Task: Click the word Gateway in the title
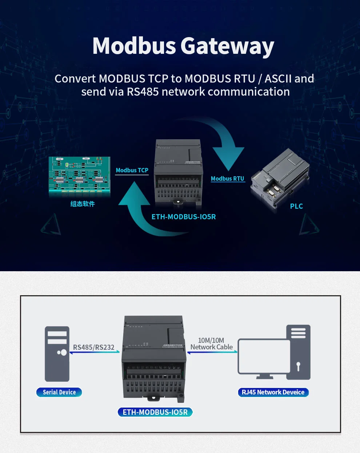tap(227, 46)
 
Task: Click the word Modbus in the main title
tap(134, 46)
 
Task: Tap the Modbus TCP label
tap(132, 170)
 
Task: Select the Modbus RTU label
tap(227, 179)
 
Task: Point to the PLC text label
tap(296, 206)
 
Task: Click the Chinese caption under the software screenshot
tap(83, 204)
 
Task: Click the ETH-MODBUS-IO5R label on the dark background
tap(184, 217)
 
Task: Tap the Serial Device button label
tap(59, 392)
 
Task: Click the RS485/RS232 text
tap(93, 347)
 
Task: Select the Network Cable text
tap(211, 347)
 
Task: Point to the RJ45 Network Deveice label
tap(273, 392)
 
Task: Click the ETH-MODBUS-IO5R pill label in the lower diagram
tap(155, 412)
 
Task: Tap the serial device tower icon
tap(57, 353)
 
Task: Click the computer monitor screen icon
tap(264, 356)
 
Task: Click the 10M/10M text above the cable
tap(211, 340)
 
